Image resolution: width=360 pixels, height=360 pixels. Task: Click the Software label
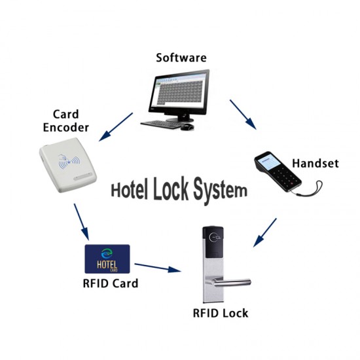181,57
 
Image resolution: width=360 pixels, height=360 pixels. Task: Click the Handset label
315,163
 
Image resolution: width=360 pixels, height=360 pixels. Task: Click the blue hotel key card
107,261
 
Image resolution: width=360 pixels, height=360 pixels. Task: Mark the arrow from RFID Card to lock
157,267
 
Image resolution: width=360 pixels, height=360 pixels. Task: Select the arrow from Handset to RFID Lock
264,233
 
